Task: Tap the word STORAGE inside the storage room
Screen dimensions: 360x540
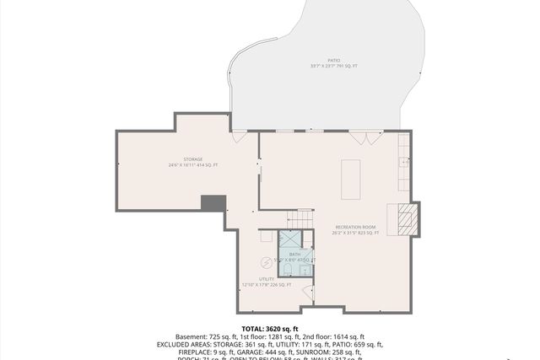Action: tap(193, 159)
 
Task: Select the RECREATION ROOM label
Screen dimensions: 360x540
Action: tap(355, 227)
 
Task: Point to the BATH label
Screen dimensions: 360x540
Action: tap(294, 254)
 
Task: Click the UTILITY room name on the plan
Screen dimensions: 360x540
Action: tap(267, 278)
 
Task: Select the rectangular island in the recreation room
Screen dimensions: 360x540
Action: tap(350, 179)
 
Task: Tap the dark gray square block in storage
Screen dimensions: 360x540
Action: tap(213, 203)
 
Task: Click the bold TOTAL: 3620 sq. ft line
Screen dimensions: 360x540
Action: tap(270, 328)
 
